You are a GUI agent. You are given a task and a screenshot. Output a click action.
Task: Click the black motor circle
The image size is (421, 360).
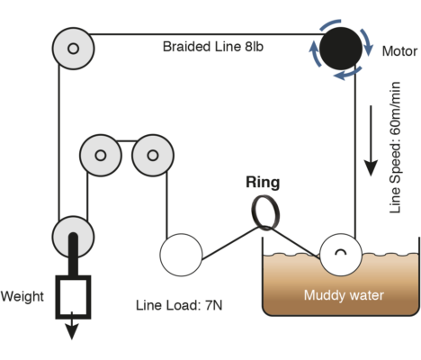click(x=341, y=49)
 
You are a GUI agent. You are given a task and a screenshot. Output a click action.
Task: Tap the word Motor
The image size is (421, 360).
click(x=399, y=51)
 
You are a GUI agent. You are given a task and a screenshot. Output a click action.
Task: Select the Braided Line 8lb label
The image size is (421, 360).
click(x=213, y=47)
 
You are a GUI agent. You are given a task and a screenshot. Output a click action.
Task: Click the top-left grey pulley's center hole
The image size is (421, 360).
click(x=74, y=49)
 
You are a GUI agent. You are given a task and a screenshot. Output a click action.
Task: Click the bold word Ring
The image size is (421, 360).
click(x=263, y=183)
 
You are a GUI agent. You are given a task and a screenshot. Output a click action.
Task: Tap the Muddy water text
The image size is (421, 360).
click(x=344, y=295)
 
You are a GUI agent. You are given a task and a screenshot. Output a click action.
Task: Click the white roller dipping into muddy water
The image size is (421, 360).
click(x=341, y=255)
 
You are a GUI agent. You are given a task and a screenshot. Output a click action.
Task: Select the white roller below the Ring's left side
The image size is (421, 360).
click(x=181, y=255)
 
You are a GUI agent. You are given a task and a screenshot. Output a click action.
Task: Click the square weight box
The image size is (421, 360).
click(x=73, y=297)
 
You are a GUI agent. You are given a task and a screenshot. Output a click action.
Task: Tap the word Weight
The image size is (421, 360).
click(x=22, y=296)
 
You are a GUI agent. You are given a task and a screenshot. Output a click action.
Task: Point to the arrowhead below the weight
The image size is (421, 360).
click(x=72, y=331)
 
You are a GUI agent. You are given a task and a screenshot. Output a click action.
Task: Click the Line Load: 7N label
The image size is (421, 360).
click(x=179, y=305)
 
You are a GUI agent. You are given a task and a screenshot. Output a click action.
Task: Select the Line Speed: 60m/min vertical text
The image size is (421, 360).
click(x=395, y=148)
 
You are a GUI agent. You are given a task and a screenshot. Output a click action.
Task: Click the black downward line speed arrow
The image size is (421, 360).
click(x=371, y=140)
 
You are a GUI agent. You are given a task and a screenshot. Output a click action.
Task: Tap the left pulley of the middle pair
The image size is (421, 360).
click(x=101, y=156)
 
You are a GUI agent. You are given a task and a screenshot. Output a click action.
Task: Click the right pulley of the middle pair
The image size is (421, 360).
click(x=153, y=156)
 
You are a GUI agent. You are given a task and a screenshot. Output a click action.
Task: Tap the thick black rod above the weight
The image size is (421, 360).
click(x=74, y=255)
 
